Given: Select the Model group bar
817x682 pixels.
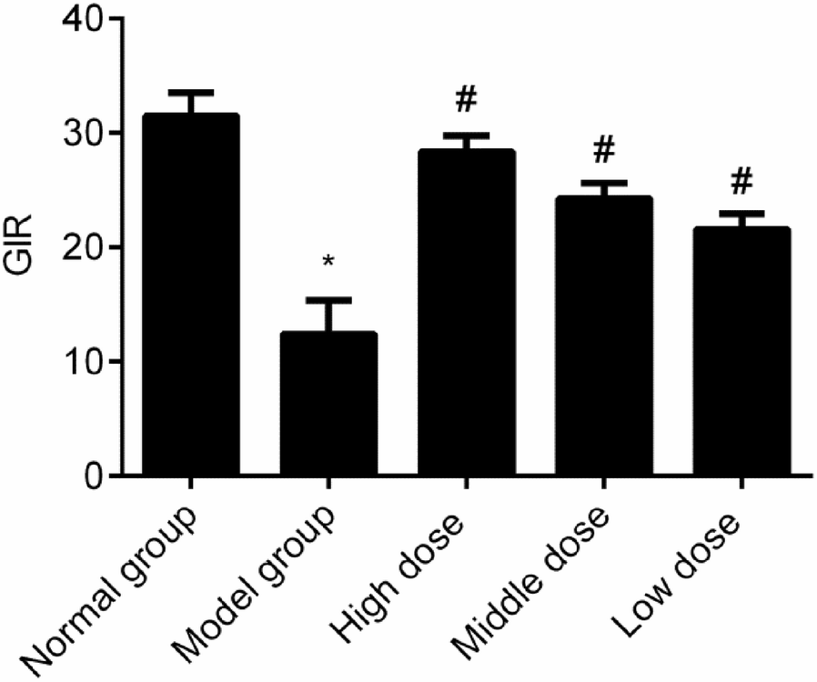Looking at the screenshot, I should pos(330,404).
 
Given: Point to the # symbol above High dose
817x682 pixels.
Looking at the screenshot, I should pos(467,100).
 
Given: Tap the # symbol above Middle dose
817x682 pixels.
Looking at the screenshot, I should pos(604,147).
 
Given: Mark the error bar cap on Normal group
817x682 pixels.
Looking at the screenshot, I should pos(192,93).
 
